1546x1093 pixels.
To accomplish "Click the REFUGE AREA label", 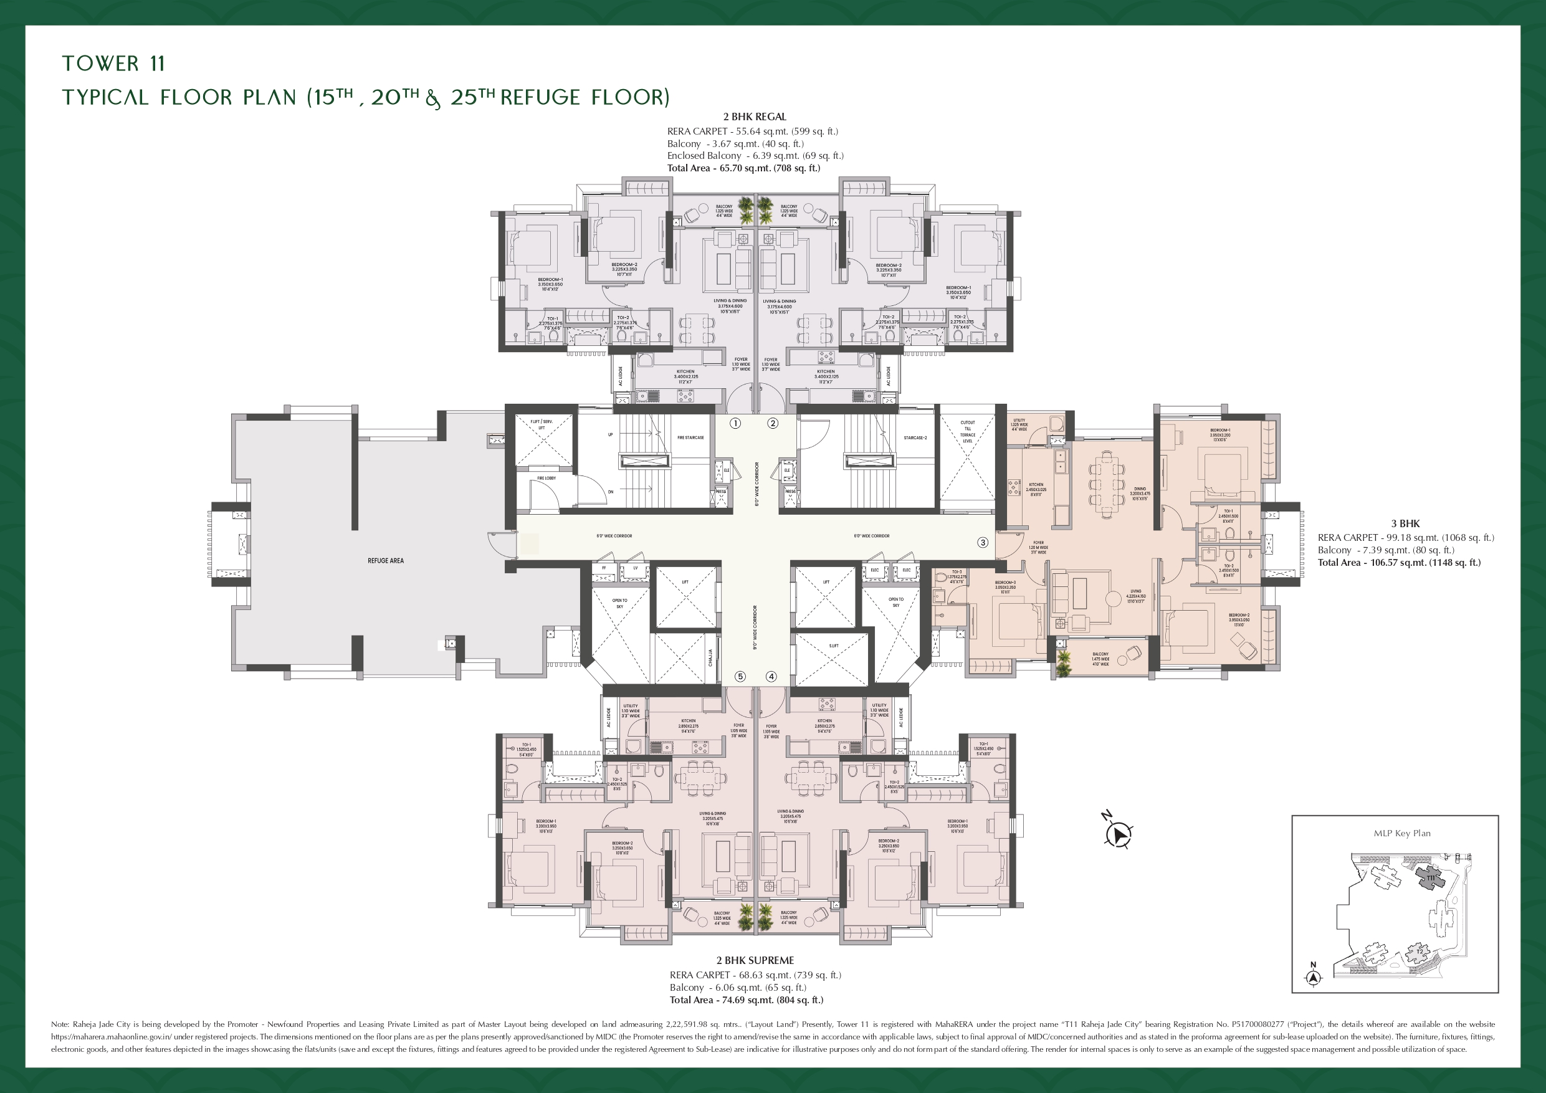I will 386,560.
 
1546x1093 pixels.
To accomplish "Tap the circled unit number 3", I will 983,542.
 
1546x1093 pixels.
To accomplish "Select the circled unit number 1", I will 735,424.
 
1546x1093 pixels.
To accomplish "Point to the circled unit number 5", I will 740,677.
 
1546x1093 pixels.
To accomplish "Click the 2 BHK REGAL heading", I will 755,117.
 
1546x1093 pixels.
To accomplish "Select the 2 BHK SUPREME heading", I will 755,960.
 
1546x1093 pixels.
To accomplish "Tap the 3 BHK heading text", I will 1405,523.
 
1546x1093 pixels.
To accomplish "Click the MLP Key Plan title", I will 1402,833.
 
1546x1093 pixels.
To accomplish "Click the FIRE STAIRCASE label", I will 690,437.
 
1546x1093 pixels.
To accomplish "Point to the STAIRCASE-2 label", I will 915,437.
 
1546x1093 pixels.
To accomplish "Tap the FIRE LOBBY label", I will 546,478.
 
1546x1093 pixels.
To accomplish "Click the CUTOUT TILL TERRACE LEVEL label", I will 968,432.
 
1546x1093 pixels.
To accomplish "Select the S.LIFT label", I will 834,646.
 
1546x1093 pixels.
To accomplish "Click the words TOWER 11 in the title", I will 113,64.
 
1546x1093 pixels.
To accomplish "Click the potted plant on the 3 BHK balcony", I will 1063,664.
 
